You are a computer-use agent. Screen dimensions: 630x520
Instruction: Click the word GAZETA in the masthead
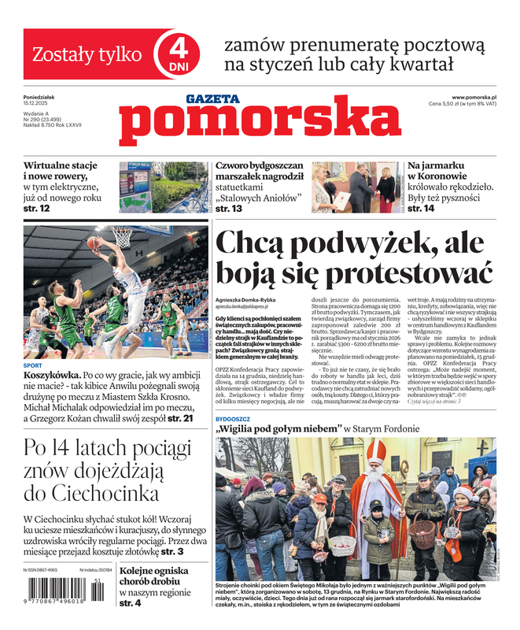coord(212,99)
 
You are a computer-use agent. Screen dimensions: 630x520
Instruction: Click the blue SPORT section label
coord(33,365)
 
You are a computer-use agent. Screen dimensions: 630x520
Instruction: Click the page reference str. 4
coord(130,603)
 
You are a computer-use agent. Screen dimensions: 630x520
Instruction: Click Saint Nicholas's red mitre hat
coord(377,454)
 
